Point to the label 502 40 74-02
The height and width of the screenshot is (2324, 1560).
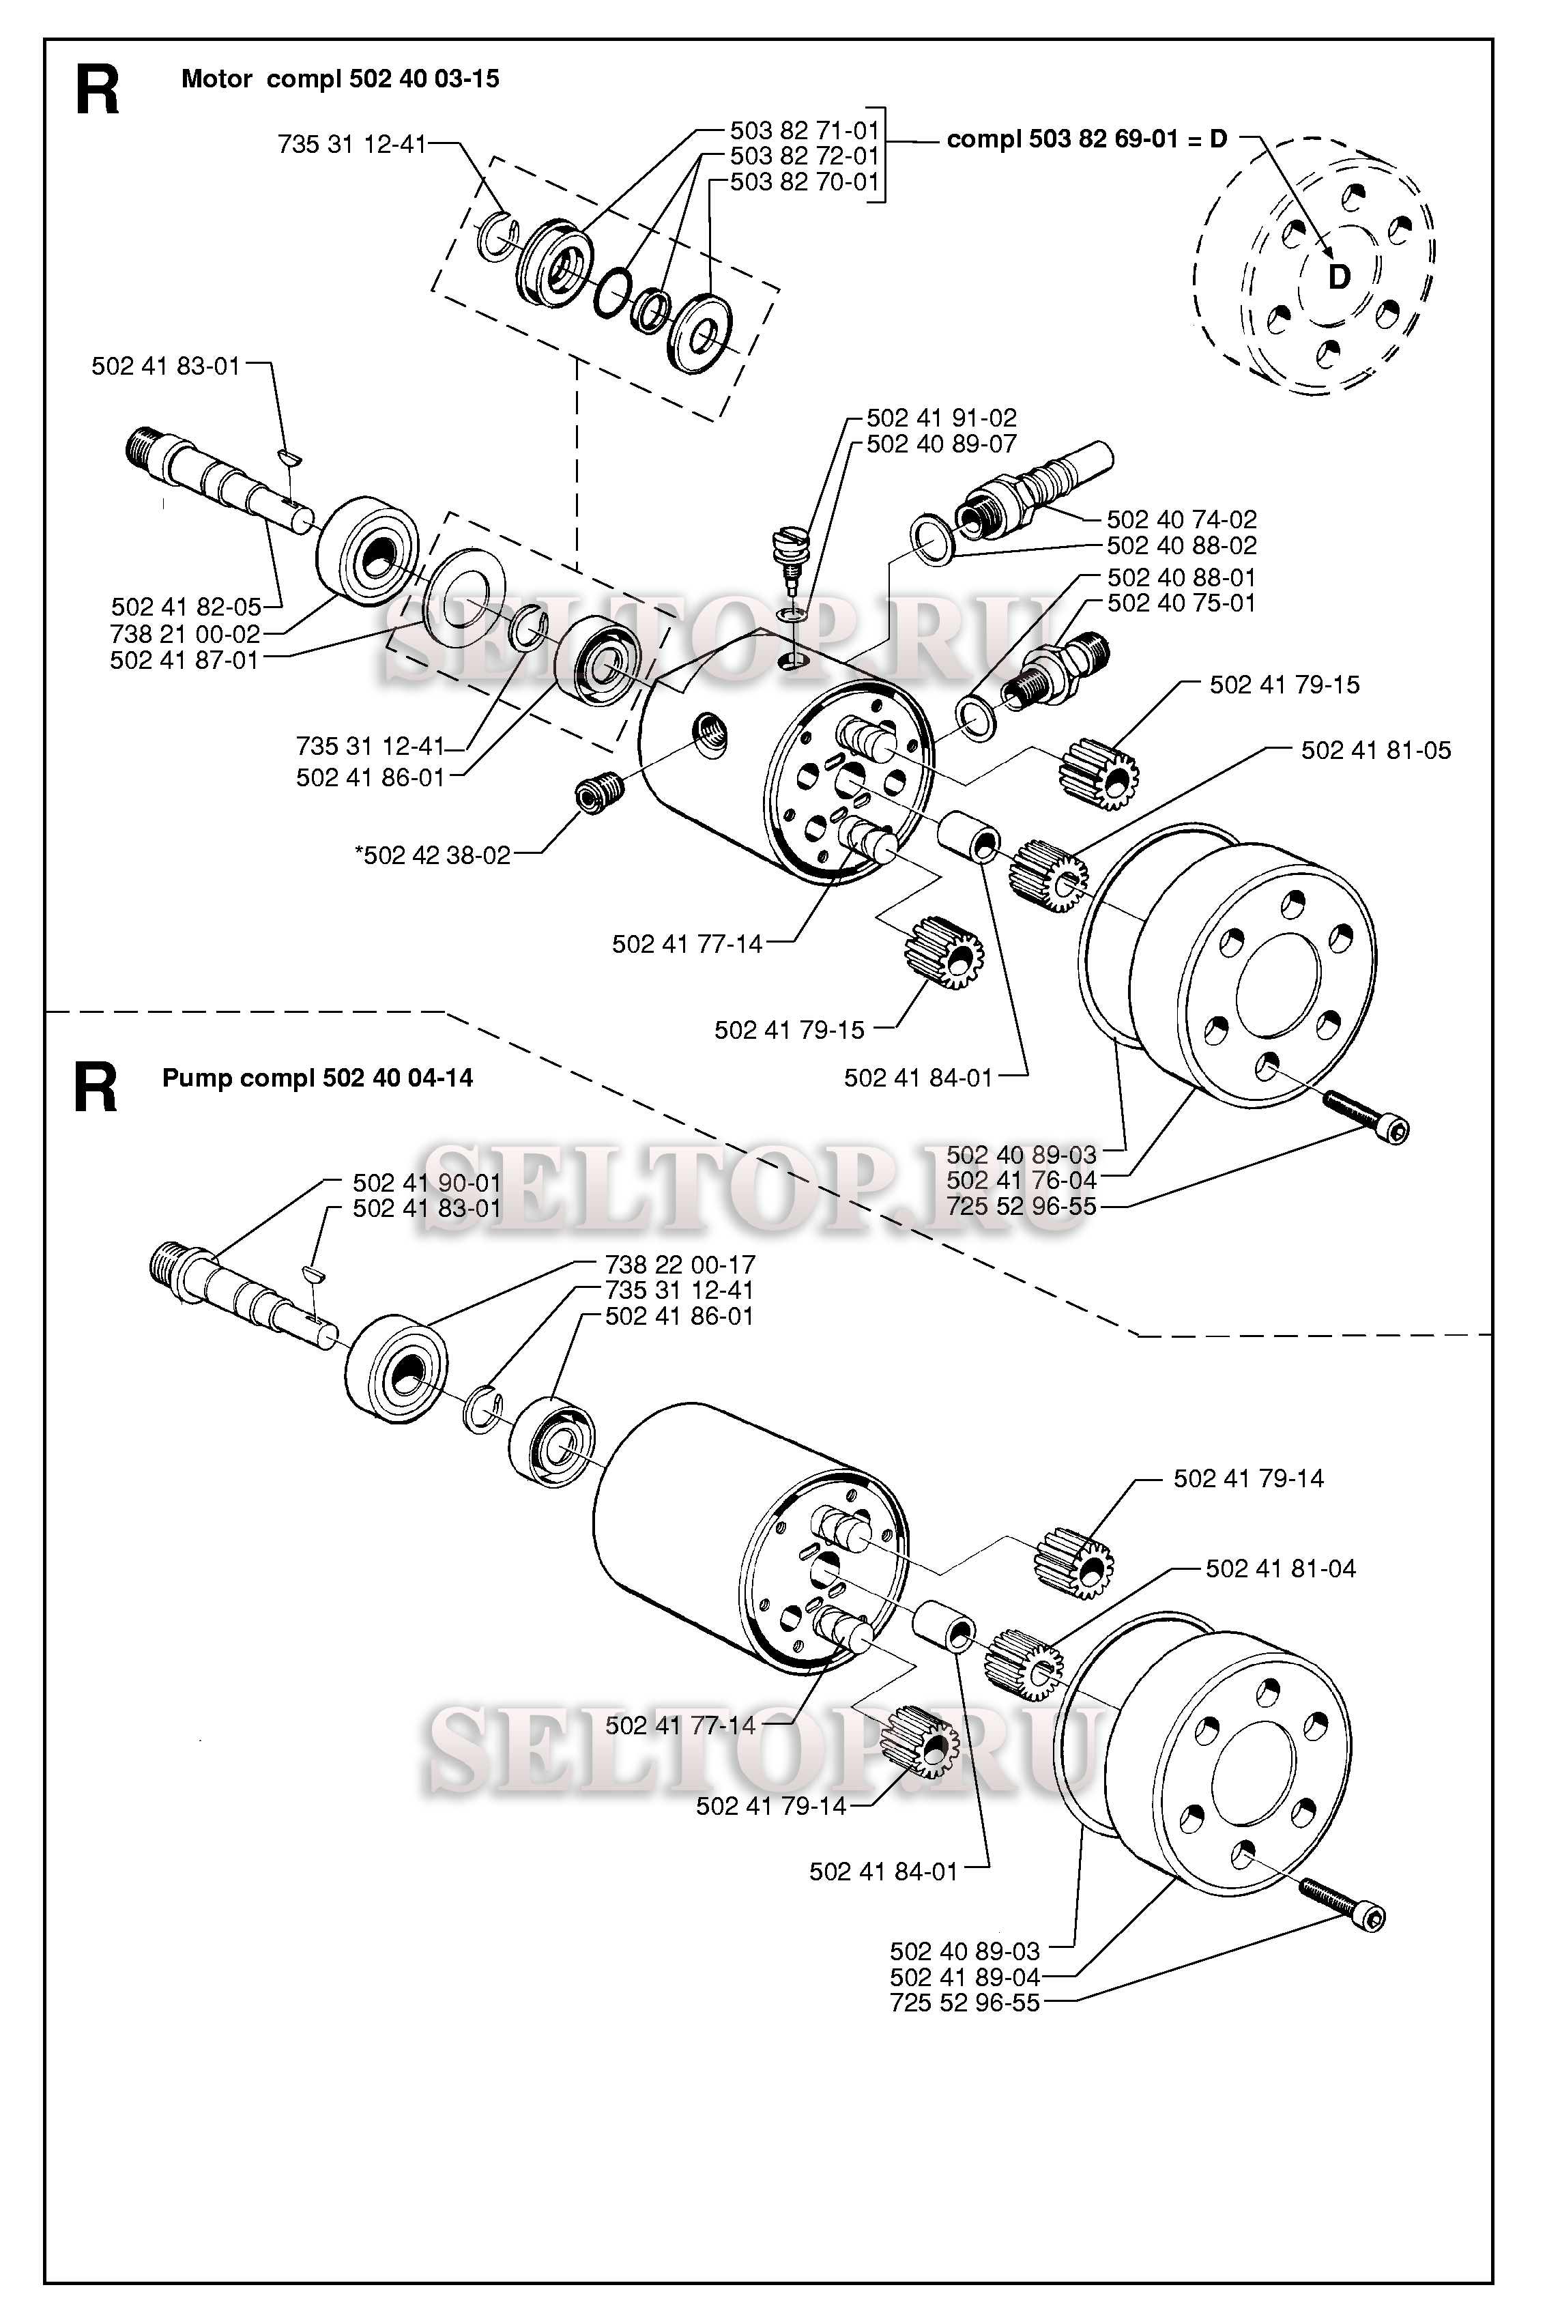pos(1182,519)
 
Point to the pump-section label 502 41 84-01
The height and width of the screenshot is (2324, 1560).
pos(884,1871)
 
